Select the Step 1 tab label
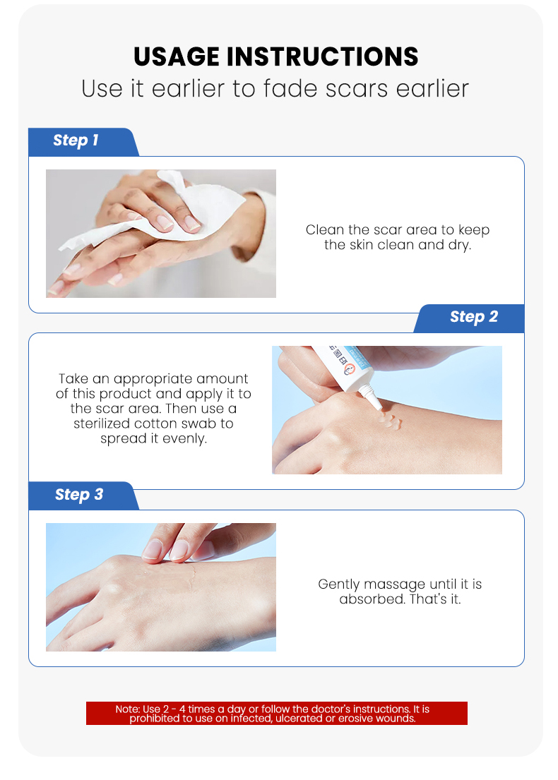[x=76, y=140]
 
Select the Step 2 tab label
[x=473, y=317]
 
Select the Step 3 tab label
[x=78, y=495]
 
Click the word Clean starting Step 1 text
[x=323, y=230]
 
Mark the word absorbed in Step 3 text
[x=368, y=600]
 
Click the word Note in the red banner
[x=127, y=709]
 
